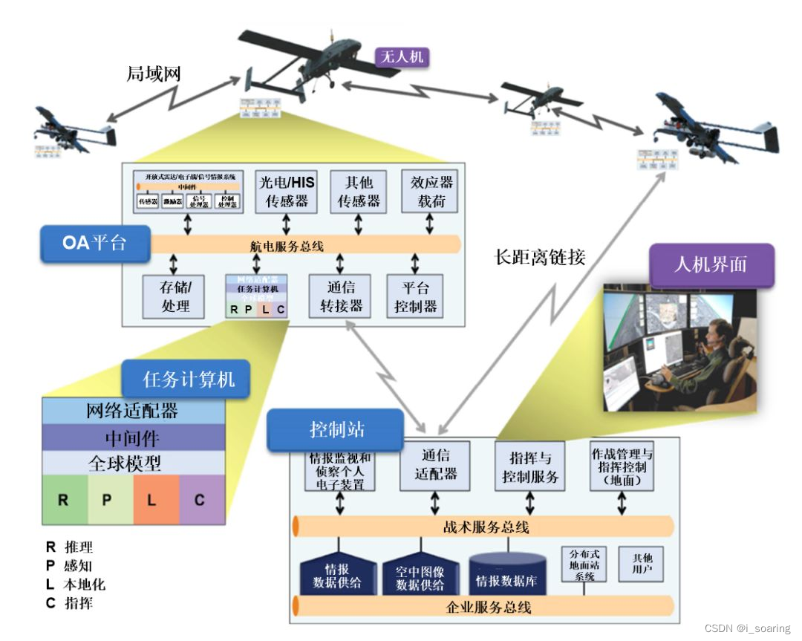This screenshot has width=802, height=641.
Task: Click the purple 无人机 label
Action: (x=402, y=56)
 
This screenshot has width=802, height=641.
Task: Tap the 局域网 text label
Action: (x=153, y=74)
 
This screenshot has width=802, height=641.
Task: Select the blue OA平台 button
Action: (x=95, y=243)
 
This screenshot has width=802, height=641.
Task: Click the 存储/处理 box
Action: (x=175, y=296)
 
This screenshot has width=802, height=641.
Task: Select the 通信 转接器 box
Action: (x=341, y=296)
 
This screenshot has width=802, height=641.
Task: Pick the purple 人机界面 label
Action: (x=711, y=265)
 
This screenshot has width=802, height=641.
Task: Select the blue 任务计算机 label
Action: (x=187, y=380)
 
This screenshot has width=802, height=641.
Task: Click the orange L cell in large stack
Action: (x=157, y=500)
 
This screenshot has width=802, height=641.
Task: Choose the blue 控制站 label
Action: (x=336, y=430)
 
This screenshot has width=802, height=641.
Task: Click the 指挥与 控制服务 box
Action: (x=529, y=466)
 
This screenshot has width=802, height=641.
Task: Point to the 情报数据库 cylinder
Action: (x=507, y=573)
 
